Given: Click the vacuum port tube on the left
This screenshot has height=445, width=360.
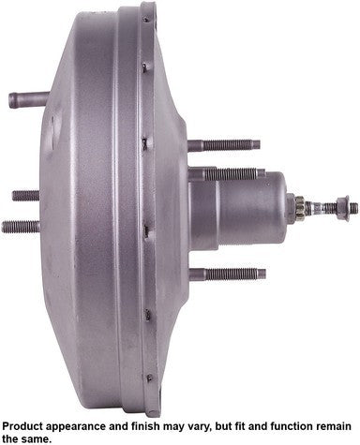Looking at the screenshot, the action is pos(28,99).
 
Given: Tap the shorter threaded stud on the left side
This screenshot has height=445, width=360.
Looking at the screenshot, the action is pos(25,196).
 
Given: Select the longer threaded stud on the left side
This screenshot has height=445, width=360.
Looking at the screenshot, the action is pos(21,227).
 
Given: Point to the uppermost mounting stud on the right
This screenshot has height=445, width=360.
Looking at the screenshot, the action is pos(224,145).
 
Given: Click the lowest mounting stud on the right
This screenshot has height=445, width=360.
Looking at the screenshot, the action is pos(228,274).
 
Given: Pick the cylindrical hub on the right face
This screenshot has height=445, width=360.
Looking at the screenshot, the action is pos(237,207).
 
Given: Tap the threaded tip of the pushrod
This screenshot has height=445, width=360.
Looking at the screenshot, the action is pos(353,208).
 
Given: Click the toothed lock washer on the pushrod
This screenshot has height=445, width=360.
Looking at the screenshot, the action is pos(300,208).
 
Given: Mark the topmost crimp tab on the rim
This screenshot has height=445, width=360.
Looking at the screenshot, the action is pos(146,19).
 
